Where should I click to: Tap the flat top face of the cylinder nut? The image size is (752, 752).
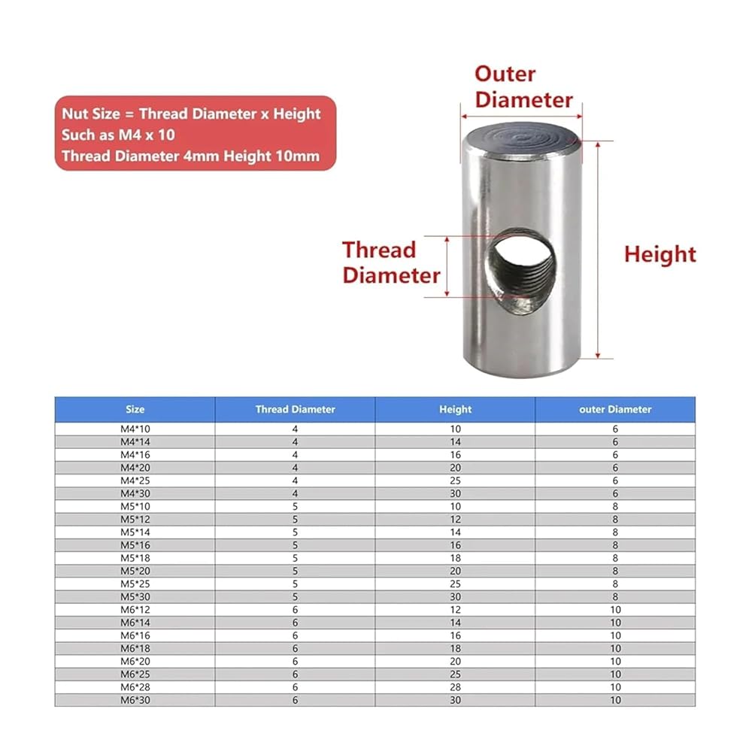(x=521, y=137)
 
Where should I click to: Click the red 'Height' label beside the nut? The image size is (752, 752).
(x=660, y=254)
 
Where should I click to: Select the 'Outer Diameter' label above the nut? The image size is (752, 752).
(x=523, y=86)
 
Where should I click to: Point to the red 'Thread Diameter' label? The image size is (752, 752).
(x=390, y=262)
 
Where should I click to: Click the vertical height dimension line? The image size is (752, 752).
(x=599, y=249)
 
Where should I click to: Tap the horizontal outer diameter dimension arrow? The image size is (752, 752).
(x=521, y=117)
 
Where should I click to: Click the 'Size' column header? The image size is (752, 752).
(x=135, y=409)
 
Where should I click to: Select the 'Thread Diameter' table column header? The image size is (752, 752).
(x=295, y=409)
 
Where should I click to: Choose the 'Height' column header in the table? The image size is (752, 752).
(x=455, y=409)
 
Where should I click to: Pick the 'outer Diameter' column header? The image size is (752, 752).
(x=615, y=409)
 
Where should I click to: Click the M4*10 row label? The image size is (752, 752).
(x=135, y=429)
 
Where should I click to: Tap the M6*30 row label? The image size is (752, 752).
(x=135, y=700)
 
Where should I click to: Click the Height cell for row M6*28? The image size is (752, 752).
(x=455, y=687)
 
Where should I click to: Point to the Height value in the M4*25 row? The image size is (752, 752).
(x=455, y=481)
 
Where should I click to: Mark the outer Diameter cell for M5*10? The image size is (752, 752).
(x=615, y=506)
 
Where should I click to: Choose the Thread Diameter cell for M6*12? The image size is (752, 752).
(x=295, y=610)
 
